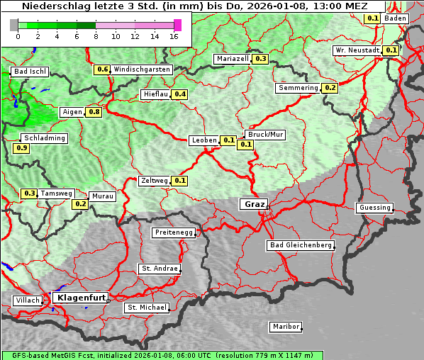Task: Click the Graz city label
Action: pos(253,204)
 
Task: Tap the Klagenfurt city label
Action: pos(80,298)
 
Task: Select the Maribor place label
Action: pos(286,327)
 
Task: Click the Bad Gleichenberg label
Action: pos(300,245)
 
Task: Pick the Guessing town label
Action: pos(374,208)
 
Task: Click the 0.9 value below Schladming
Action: pos(21,148)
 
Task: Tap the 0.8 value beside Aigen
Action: pos(94,112)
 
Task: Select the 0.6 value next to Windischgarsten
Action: pos(102,69)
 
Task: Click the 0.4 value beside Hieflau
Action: pos(179,94)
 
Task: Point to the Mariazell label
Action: pos(233,59)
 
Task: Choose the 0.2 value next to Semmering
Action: pos(329,88)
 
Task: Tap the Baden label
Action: pos(396,18)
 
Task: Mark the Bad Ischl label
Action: pos(30,72)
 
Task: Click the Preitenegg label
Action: pos(173,232)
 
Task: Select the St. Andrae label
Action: pos(158,269)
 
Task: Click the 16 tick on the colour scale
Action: pos(174,35)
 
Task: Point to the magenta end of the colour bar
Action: pos(177,25)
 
